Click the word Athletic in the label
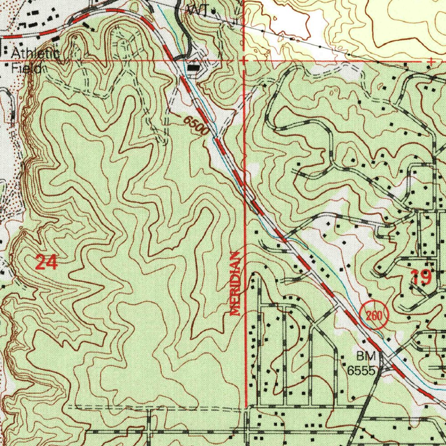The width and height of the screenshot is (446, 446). (35, 54)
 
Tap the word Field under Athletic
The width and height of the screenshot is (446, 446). (26, 68)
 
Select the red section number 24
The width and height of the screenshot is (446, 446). (46, 263)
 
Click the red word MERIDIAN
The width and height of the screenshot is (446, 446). (235, 283)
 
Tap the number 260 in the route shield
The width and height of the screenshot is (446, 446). (374, 316)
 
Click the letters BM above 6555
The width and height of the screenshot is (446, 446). (366, 357)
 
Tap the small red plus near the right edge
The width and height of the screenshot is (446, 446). (431, 62)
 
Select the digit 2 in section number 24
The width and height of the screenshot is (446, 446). (41, 263)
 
